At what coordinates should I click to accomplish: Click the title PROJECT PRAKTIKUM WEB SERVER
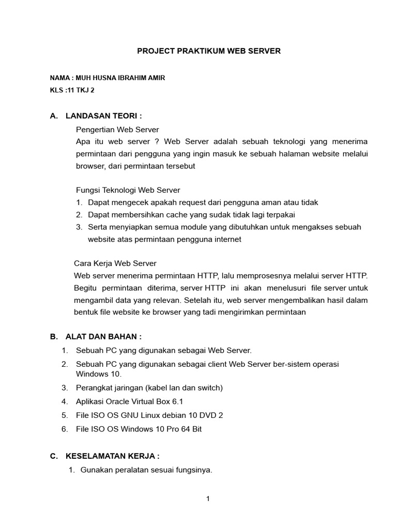[x=208, y=51]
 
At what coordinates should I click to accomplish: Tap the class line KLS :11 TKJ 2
[x=72, y=90]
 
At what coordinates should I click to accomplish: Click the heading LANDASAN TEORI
[x=103, y=116]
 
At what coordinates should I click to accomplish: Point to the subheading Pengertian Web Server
[x=117, y=129]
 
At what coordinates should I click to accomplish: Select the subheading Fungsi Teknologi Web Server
[x=128, y=190]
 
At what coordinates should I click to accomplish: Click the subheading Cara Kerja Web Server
[x=115, y=263]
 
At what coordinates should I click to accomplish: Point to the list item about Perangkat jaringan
[x=149, y=387]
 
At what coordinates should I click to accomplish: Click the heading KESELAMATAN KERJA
[x=112, y=456]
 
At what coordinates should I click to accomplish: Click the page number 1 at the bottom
[x=208, y=499]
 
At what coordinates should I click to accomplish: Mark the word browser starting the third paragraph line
[x=89, y=166]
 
